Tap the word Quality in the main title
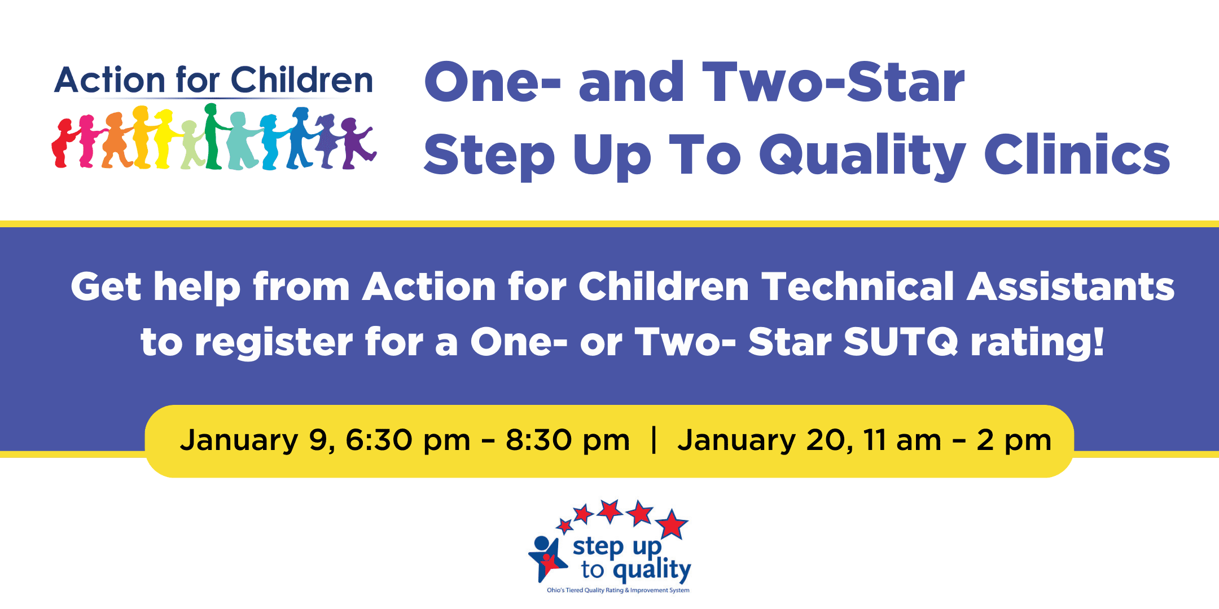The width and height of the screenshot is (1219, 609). (x=862, y=157)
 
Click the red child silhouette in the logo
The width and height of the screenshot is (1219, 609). (x=62, y=143)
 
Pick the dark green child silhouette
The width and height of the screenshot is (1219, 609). (x=214, y=136)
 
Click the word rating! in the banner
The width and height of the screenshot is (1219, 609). (x=1037, y=343)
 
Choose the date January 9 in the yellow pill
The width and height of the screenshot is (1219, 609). (x=257, y=440)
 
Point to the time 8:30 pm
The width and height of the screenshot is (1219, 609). (x=568, y=440)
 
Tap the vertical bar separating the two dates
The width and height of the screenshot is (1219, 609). (x=654, y=440)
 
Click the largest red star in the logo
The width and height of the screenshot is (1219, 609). (x=672, y=524)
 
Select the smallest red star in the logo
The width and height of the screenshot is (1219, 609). (x=564, y=527)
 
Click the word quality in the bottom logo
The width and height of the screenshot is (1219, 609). (x=652, y=570)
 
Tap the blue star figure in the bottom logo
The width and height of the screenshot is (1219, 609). (x=545, y=559)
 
